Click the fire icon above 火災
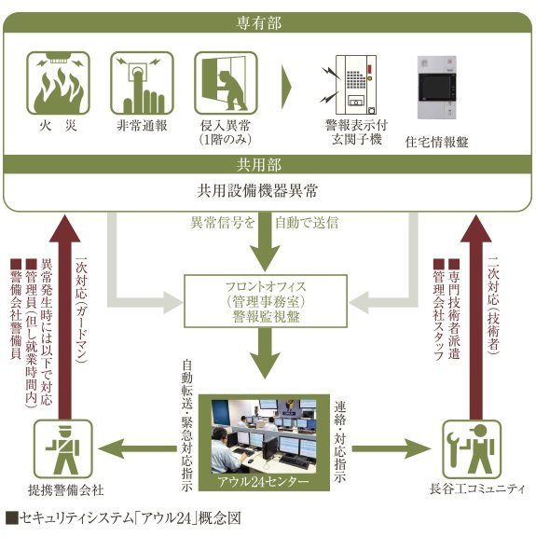coord(58,83)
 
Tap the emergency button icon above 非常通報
coord(142,83)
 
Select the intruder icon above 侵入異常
coord(226,83)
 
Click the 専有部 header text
coord(259,23)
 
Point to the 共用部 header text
coord(259,165)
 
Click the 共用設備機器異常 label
coord(257,191)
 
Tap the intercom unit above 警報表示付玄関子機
coord(356,85)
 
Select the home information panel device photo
coord(437,88)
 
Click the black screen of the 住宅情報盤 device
coord(435,87)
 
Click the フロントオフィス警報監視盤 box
coord(266,301)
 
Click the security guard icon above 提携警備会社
coord(63,449)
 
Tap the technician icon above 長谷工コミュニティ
coord(472,449)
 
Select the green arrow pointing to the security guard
coord(137,448)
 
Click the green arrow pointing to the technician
coord(392,448)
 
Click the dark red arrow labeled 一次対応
coord(64,317)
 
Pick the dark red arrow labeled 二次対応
coord(476,317)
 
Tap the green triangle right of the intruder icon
coord(286,87)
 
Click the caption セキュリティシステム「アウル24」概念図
coord(123,517)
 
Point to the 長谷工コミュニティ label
coord(477,489)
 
